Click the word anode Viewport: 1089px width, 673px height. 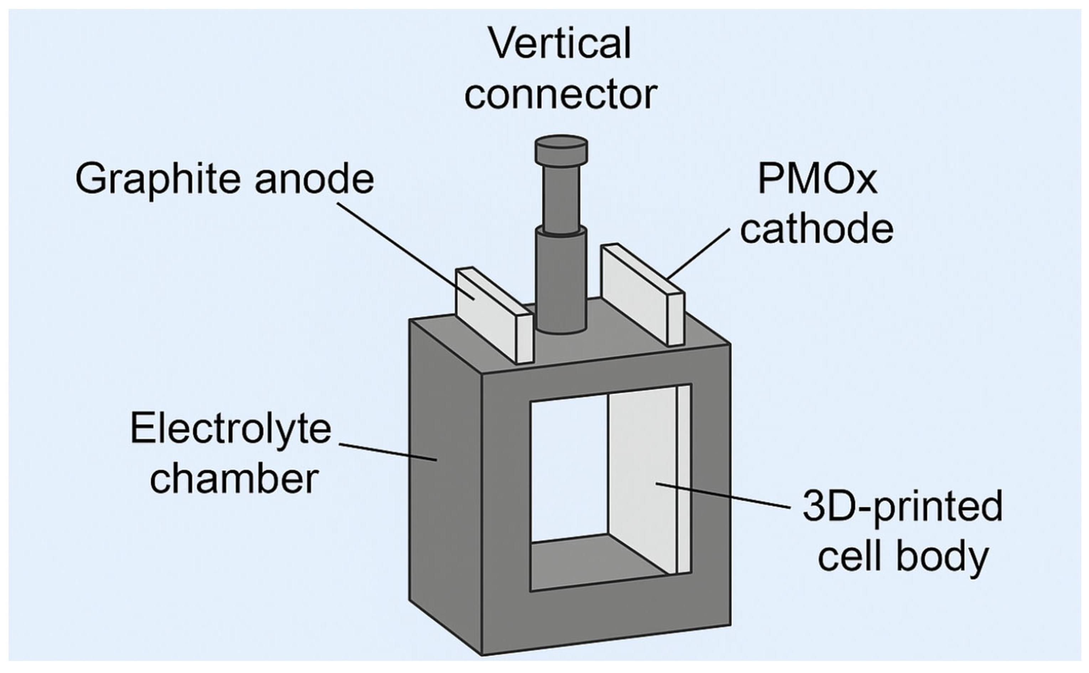point(314,179)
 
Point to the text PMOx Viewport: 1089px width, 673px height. point(817,179)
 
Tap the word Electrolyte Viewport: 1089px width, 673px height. point(230,428)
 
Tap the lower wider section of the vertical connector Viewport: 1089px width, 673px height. point(561,281)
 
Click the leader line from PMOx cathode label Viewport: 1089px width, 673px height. point(698,254)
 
